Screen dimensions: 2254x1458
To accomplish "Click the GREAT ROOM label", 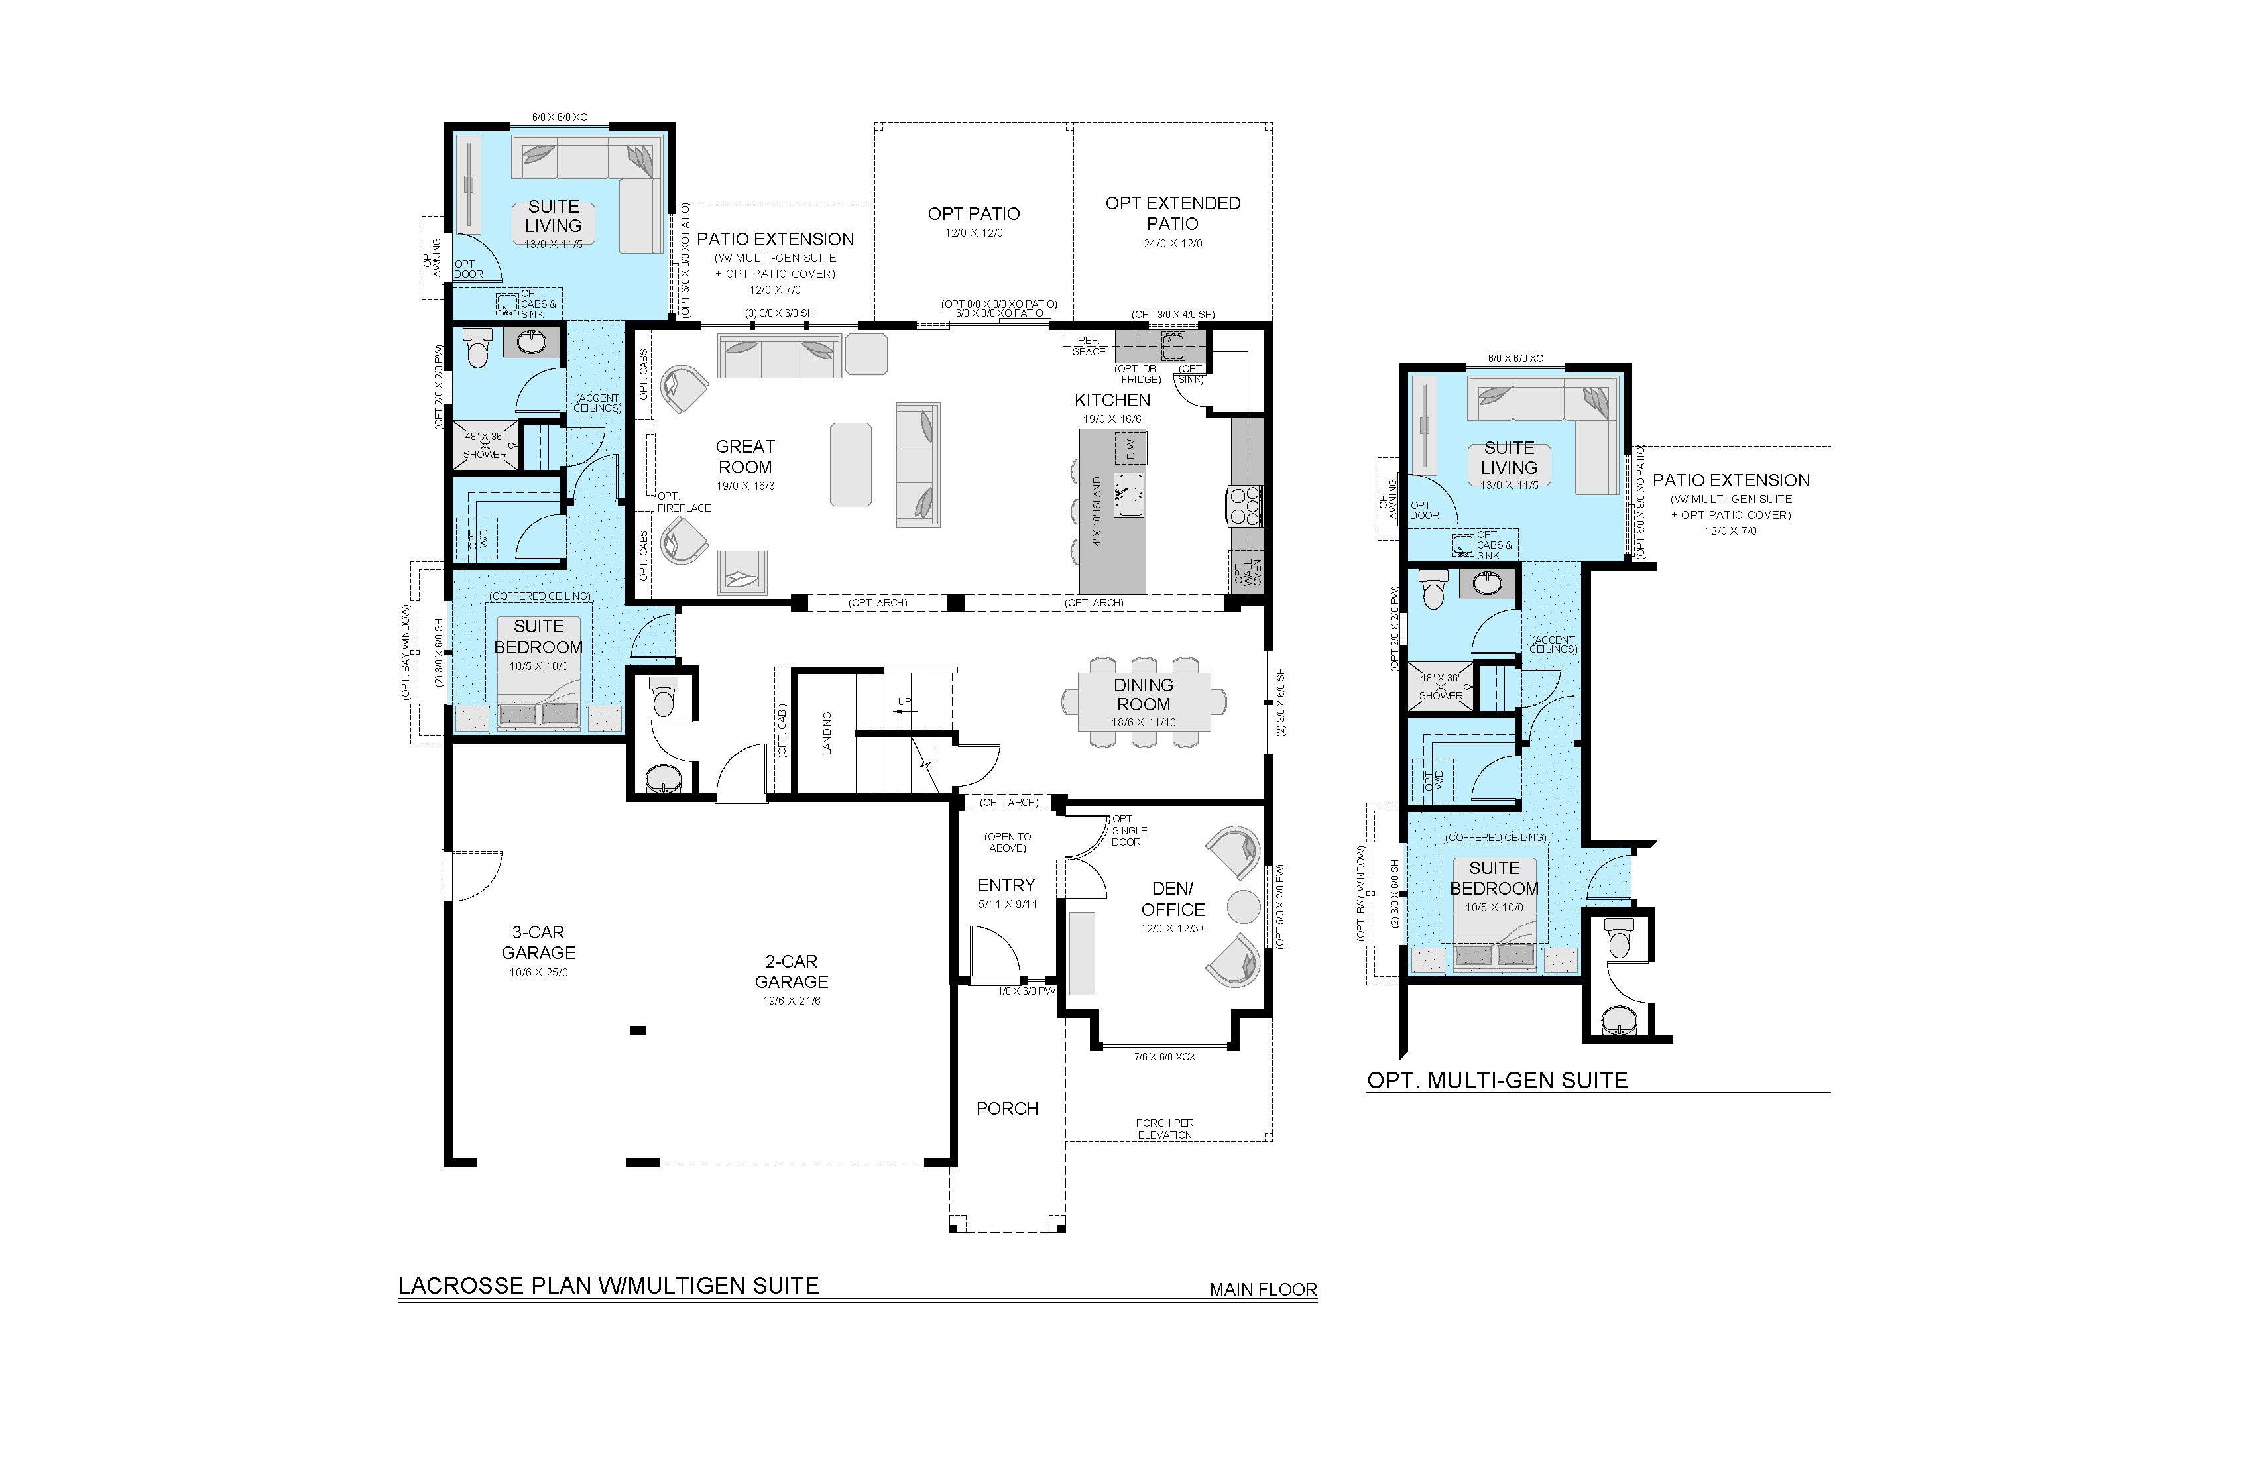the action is point(744,457).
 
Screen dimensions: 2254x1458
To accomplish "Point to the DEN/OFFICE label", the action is point(1173,899).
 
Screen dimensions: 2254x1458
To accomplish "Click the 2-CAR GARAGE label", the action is point(791,972).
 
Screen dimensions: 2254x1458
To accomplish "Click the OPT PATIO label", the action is point(974,214).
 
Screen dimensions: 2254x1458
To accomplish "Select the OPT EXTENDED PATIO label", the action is point(1173,213).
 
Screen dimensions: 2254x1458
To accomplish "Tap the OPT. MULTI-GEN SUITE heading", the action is point(1498,1080).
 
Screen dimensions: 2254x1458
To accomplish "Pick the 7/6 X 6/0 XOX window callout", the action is point(1164,1056).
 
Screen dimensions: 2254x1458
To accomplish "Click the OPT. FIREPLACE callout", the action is point(683,502).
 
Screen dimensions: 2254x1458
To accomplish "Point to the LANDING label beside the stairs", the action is point(827,733).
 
